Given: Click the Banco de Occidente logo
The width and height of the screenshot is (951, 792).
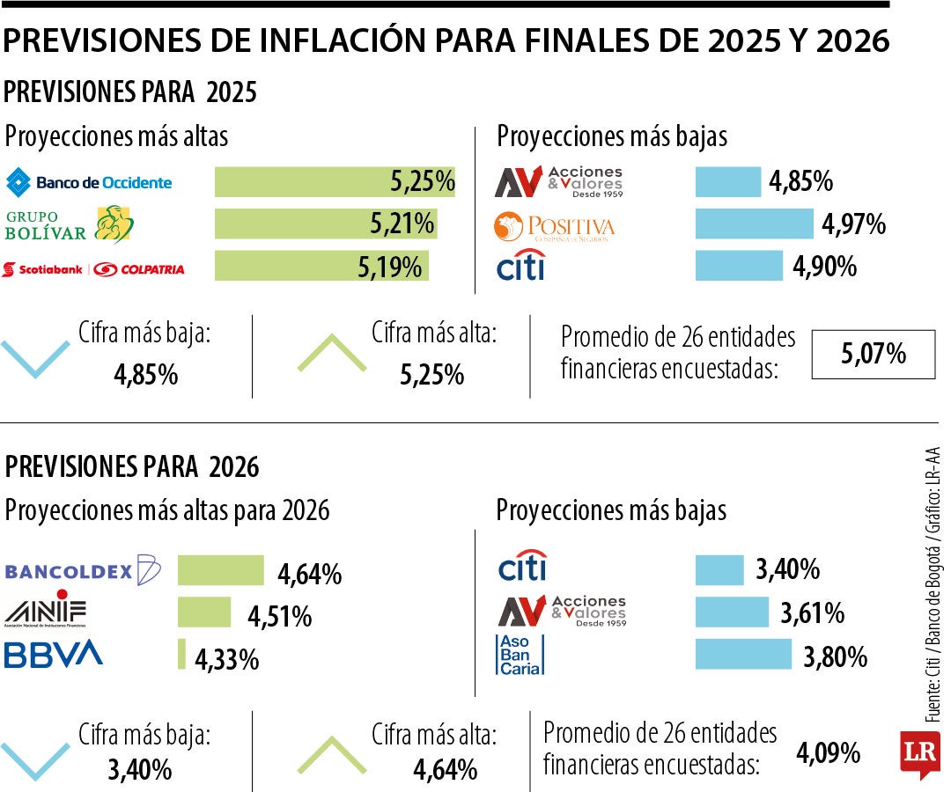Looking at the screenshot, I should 89,183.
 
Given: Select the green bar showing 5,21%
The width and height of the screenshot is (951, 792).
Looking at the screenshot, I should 326,224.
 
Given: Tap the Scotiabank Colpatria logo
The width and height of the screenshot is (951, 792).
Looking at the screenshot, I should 93,268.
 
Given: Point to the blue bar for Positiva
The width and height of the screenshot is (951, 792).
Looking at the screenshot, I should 754,224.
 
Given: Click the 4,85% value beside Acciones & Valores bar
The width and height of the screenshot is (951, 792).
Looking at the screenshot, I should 800,182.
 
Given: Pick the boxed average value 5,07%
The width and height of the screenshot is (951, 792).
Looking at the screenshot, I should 873,355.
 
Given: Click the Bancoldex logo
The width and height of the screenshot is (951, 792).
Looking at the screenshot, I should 83,571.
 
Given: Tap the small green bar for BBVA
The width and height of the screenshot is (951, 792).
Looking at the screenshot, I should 181,654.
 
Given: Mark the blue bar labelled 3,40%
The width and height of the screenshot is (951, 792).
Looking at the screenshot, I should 719,570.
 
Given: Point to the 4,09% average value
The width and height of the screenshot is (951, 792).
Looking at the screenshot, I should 828,753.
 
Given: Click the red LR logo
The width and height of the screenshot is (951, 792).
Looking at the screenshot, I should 918,753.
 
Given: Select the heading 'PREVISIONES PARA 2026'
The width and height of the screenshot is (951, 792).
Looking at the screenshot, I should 133,466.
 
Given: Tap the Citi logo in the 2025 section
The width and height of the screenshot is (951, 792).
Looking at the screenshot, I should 521,265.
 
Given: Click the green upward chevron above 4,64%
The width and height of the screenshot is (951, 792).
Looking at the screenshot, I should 332,753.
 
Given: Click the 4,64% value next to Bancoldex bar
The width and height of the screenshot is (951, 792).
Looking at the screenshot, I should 309,576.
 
